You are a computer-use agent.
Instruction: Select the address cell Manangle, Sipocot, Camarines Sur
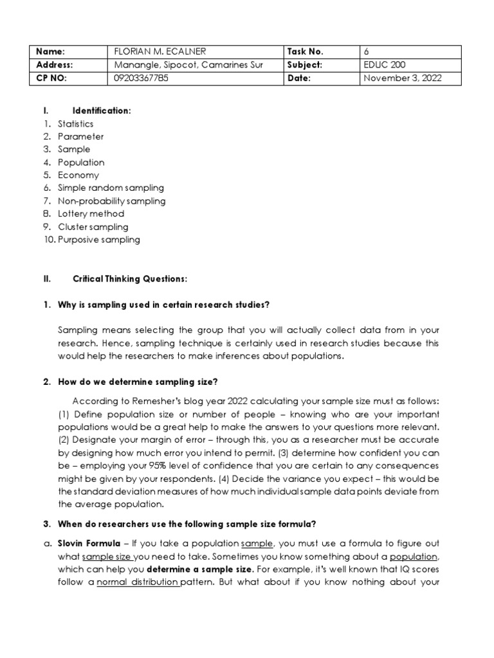188,65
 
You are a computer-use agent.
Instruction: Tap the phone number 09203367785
143,78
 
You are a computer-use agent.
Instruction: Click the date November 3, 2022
403,78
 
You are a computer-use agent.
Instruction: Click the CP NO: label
52,78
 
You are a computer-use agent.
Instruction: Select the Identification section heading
102,111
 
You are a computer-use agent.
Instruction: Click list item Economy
78,175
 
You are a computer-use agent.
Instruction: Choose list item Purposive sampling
98,240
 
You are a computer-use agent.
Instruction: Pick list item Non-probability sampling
111,200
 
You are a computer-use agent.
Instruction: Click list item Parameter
80,136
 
